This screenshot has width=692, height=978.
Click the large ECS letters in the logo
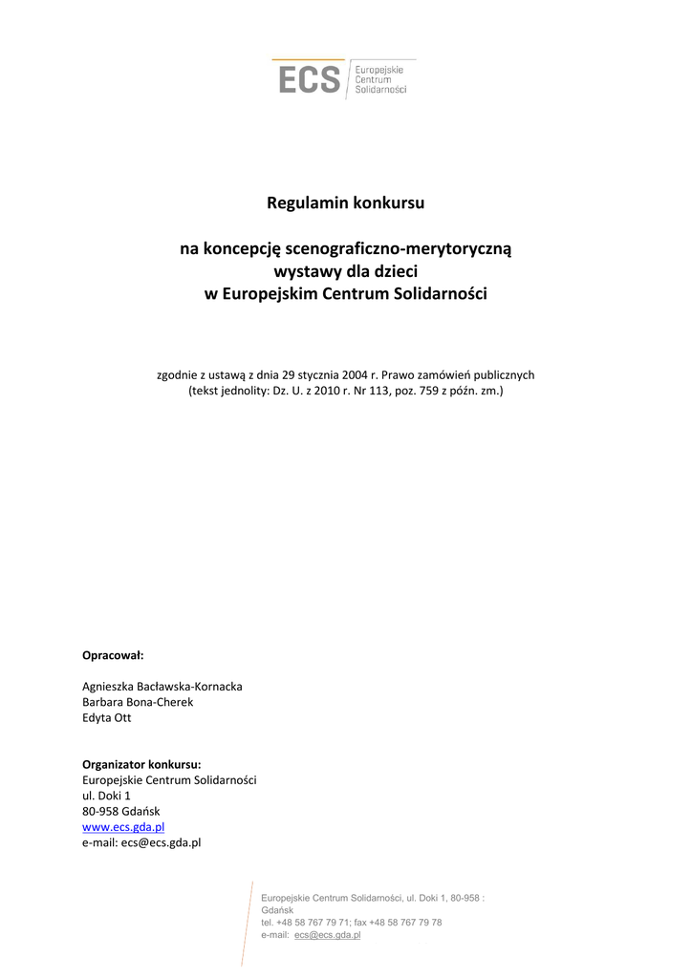[309, 78]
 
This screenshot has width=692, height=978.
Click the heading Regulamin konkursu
[346, 203]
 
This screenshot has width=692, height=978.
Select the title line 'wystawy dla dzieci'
[346, 272]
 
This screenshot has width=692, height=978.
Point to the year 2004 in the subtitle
[347, 375]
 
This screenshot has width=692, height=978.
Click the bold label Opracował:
[113, 655]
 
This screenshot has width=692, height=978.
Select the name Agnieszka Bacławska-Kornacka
[162, 686]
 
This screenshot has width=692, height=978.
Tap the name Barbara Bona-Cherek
[138, 702]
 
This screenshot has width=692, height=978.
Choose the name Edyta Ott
[107, 717]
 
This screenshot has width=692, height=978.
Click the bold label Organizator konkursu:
[141, 764]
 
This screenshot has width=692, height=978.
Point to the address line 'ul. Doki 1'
[106, 796]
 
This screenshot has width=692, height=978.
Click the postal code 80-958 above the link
[99, 811]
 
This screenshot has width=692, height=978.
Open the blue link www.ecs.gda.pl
[123, 827]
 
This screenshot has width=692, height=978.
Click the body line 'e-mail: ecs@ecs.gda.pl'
[141, 842]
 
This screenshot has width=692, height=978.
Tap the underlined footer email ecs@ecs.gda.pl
[327, 935]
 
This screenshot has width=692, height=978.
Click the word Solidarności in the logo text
[380, 90]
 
